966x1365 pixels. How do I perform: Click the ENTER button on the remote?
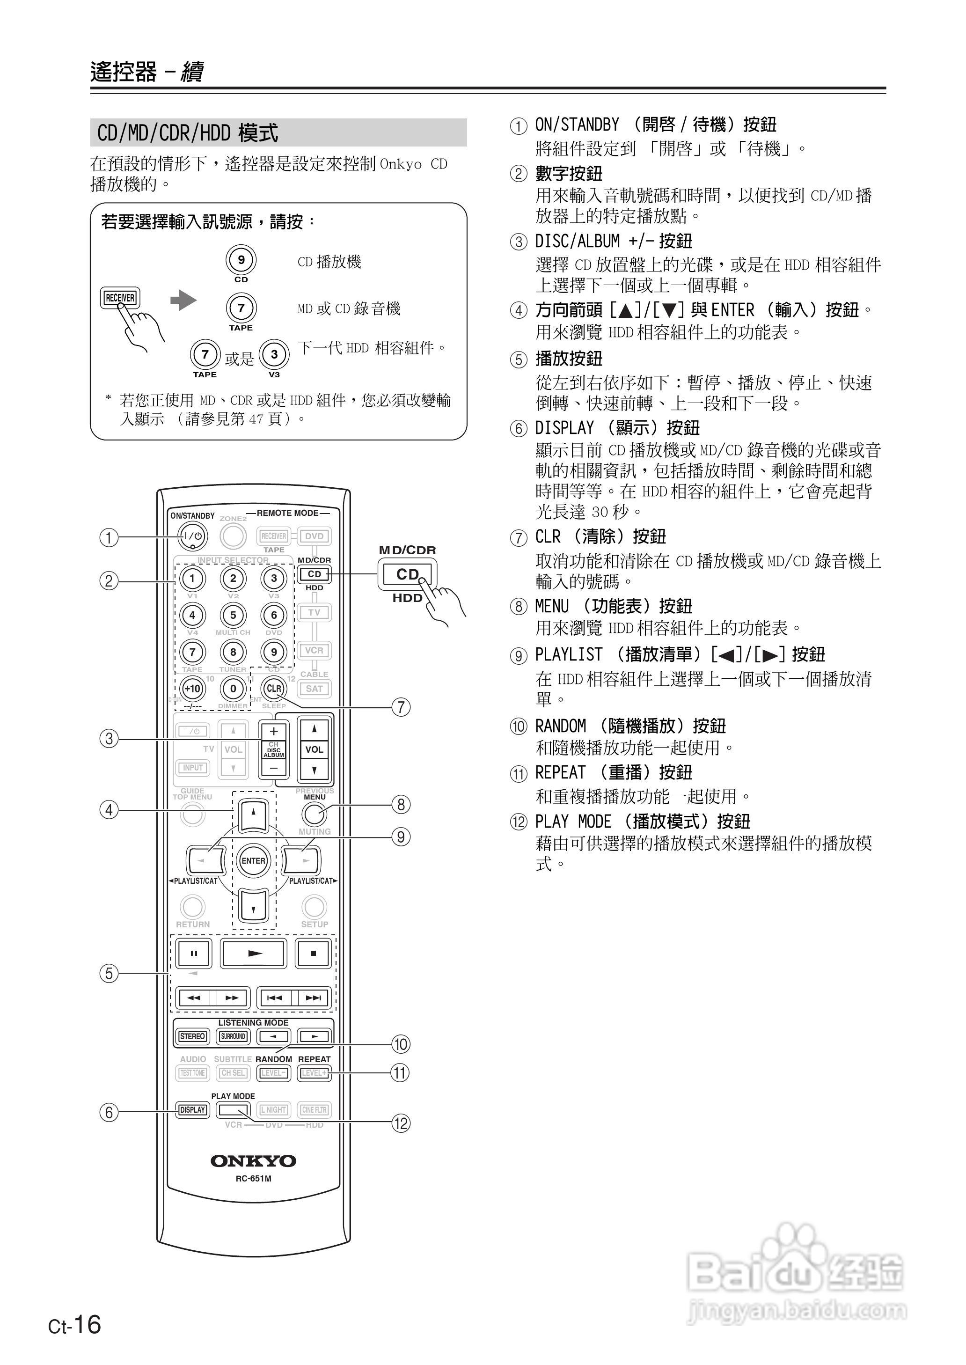[253, 861]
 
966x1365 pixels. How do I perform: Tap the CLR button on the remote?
[274, 689]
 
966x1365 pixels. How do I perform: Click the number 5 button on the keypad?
[233, 615]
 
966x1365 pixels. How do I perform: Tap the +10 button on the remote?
[192, 689]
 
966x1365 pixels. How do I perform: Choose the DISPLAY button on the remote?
[193, 1110]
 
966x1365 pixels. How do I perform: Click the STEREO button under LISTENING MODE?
[193, 1036]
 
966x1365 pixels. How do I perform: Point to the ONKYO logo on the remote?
[253, 1160]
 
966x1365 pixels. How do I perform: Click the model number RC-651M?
[253, 1179]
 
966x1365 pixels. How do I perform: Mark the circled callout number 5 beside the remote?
[108, 974]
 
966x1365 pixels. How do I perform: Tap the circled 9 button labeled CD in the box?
[241, 260]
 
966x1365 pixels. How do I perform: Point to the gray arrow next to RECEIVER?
[183, 301]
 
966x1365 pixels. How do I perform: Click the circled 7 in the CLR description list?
[519, 538]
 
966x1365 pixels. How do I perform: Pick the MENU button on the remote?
[314, 813]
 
